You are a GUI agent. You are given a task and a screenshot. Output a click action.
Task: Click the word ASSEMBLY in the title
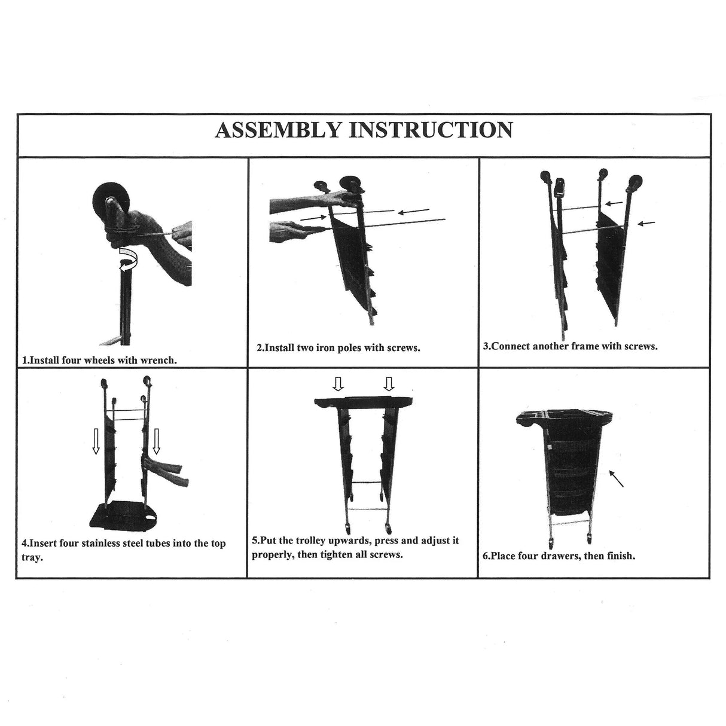coord(277,130)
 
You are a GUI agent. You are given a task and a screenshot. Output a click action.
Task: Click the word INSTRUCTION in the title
coord(431,130)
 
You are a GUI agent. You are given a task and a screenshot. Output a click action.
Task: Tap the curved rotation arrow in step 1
coord(128,259)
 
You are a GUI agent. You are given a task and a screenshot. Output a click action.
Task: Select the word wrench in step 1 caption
coord(158,360)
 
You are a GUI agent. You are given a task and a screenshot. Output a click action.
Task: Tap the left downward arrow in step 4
coord(96,441)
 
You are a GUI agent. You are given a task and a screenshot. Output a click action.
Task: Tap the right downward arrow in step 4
coord(156,441)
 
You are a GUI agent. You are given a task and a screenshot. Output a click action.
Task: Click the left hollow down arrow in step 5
coord(338,384)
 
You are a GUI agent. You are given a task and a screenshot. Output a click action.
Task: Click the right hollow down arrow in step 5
coord(389,384)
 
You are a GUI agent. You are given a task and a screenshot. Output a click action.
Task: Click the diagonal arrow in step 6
coord(617,478)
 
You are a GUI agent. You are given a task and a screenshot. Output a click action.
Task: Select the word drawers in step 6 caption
coord(561,556)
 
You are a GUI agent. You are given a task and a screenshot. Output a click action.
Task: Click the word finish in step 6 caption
coord(621,556)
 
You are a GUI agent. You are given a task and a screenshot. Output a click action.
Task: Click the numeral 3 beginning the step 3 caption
coord(486,346)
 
